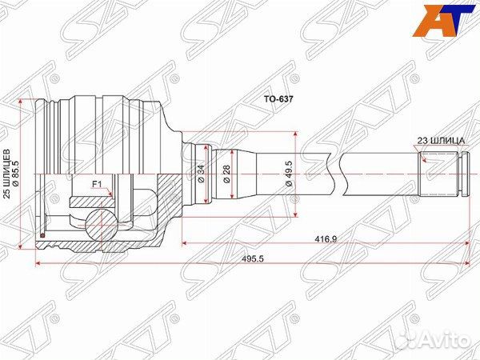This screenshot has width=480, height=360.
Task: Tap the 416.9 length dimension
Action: point(324,238)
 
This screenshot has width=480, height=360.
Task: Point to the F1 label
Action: point(96,184)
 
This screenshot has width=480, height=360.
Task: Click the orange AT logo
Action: point(447,21)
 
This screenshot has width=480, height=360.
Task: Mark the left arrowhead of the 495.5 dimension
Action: point(38,266)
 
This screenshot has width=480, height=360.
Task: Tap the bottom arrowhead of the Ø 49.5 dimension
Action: point(298,214)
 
